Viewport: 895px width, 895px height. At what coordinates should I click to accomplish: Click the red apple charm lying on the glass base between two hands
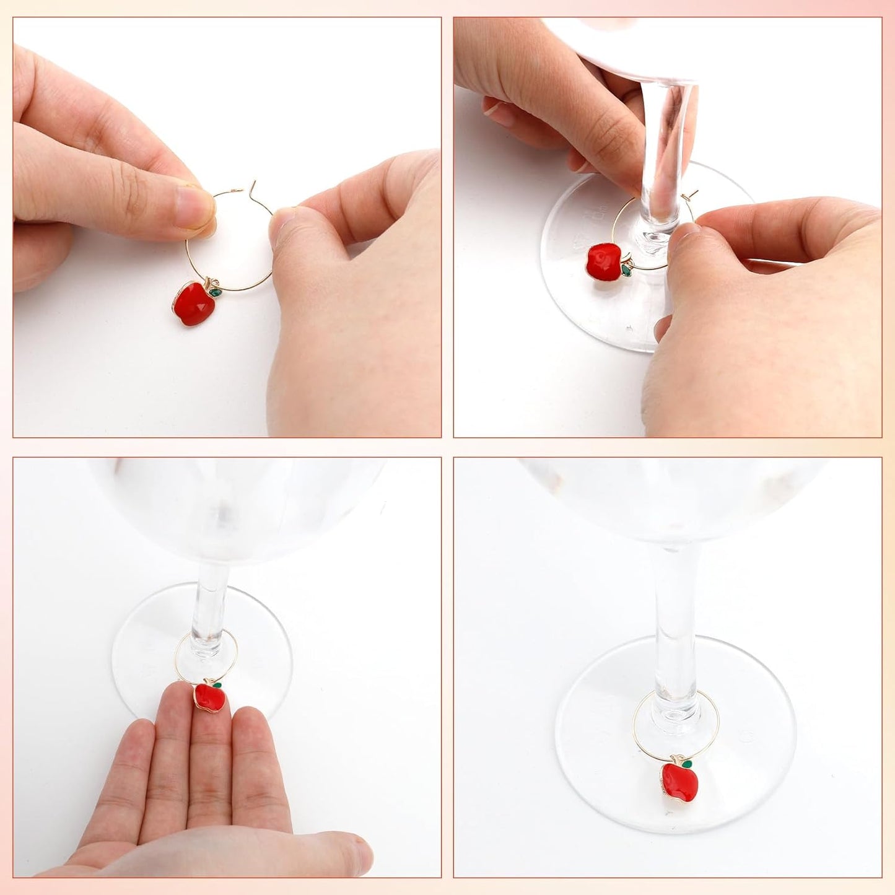pos(604,260)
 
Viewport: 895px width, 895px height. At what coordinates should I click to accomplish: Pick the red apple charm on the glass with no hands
pos(679,782)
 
